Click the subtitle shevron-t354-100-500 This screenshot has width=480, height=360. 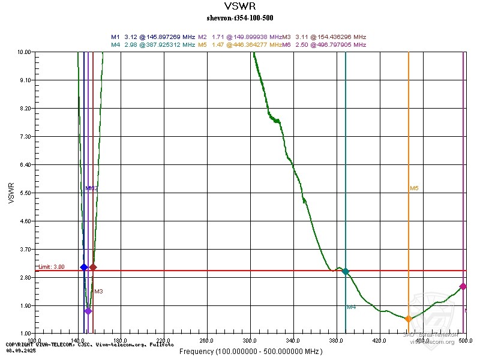point(239,17)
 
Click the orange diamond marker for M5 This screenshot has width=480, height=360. point(409,319)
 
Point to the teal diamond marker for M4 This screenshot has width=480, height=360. point(346,272)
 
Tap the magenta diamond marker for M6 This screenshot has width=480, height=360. point(463,287)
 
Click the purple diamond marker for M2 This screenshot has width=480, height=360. point(88,311)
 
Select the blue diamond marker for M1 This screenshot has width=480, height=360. point(84,267)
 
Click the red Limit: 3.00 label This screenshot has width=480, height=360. point(51,267)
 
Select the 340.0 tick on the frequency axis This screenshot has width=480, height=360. point(293,340)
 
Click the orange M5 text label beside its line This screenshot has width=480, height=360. point(414,188)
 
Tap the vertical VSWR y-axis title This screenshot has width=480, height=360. point(11,193)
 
